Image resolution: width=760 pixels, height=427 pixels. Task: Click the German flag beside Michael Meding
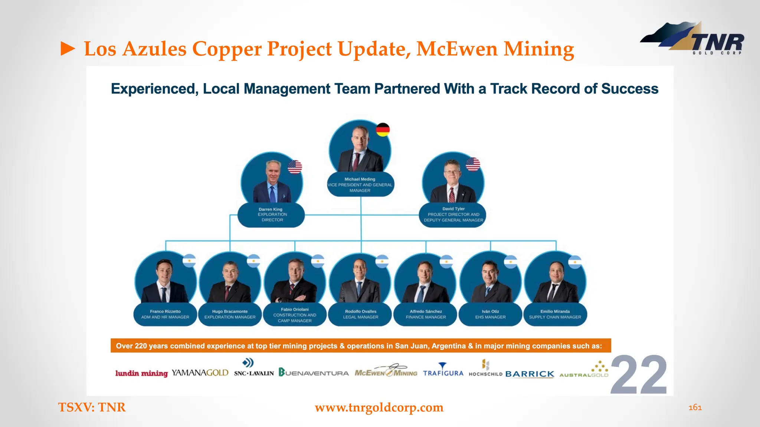coord(383,130)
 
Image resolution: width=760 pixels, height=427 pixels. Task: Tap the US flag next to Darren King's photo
coord(295,167)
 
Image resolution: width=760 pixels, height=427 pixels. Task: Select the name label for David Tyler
coord(453,215)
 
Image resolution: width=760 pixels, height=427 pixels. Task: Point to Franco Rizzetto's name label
coord(165,314)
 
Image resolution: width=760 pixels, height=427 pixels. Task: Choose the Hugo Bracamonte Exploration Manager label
coord(230,314)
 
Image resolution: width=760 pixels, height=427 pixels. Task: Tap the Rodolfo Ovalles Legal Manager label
coord(360,314)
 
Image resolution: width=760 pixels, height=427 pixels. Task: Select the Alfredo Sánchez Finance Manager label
coord(426,314)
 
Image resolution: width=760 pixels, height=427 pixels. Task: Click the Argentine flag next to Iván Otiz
coord(511,262)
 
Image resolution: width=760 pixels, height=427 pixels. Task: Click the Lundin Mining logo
coord(141,373)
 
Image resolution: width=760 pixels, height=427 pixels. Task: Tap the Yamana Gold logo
coord(200,373)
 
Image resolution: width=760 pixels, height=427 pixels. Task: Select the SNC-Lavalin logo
coord(254,369)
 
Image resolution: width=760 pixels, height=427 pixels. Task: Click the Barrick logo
coord(530,374)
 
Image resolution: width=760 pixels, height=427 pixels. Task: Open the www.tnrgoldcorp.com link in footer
coord(379,407)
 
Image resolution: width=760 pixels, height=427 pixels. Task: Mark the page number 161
coord(695,407)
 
